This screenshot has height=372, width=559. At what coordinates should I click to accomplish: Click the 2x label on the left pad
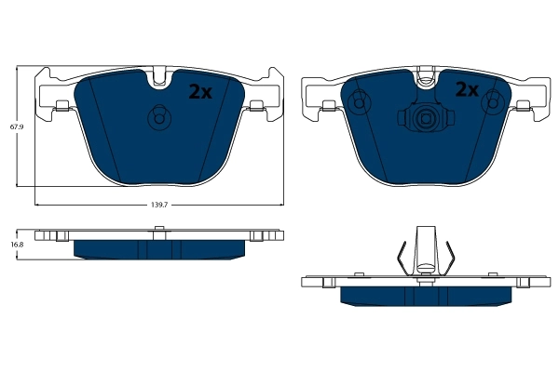(200, 91)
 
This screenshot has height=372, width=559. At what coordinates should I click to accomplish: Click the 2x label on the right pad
(466, 90)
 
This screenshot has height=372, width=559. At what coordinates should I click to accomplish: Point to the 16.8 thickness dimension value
(15, 244)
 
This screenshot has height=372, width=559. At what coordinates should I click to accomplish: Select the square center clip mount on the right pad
(425, 118)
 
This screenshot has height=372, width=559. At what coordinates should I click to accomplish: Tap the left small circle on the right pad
(358, 105)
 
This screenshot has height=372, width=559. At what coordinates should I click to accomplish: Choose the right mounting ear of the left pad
(266, 94)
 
